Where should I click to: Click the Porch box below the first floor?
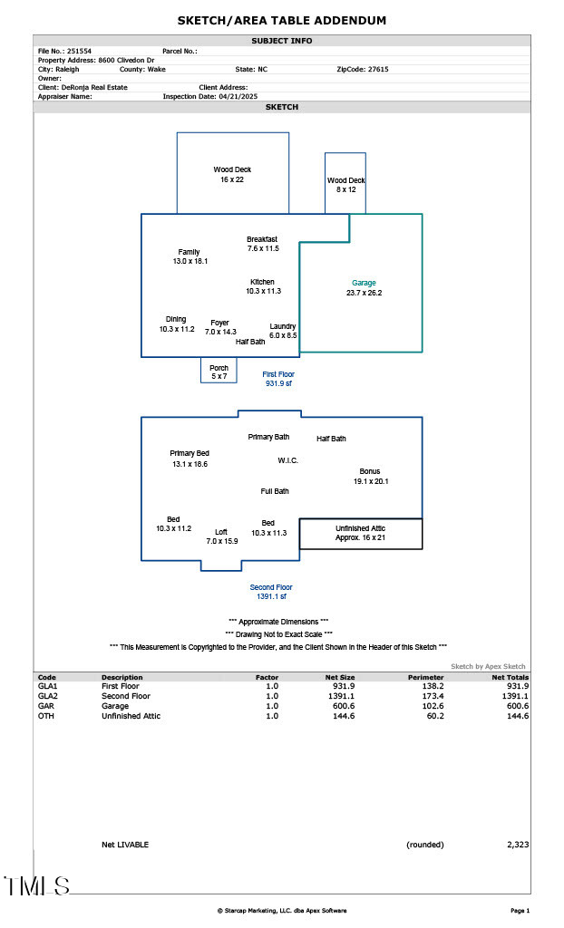tap(219, 371)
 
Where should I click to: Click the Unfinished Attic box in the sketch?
tap(361, 533)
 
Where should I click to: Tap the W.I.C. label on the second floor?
tap(287, 460)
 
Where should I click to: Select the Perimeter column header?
tap(425, 677)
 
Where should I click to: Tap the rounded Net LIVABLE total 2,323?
tap(517, 845)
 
